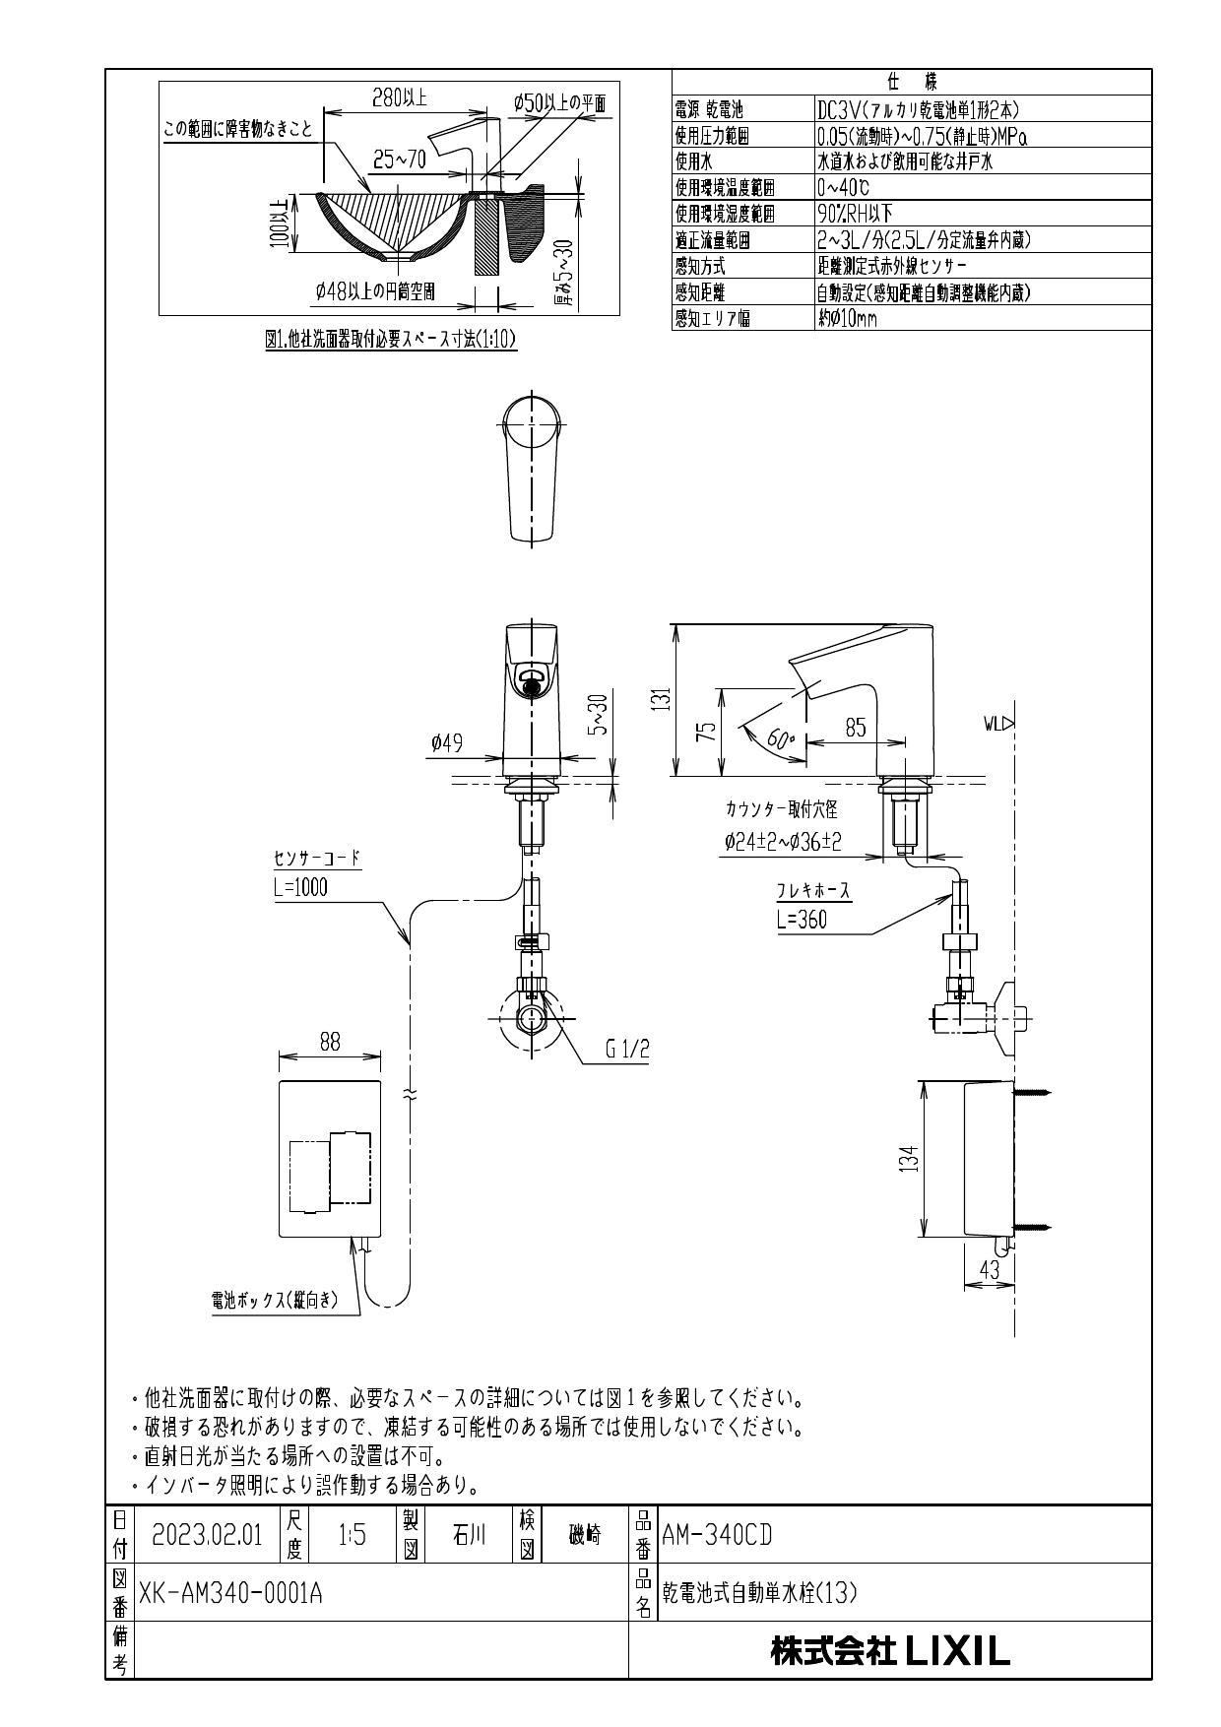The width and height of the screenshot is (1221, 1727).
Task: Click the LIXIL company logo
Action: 890,1651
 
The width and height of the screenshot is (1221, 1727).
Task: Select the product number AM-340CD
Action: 717,1535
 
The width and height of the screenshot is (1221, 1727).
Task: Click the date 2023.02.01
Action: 207,1535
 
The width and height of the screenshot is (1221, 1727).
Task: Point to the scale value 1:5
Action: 352,1535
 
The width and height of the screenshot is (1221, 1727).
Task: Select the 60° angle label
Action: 779,741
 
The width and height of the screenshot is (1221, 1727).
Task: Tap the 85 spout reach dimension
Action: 855,728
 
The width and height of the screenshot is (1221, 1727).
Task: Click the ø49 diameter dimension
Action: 446,744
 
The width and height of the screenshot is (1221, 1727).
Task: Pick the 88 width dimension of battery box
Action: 330,1043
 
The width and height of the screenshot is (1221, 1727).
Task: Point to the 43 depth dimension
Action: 990,1270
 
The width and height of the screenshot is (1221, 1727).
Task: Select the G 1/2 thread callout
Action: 627,1051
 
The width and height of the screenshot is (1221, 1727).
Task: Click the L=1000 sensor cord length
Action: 300,887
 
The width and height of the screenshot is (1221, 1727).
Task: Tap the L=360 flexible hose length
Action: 802,920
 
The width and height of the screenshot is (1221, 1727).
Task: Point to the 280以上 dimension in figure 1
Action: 399,96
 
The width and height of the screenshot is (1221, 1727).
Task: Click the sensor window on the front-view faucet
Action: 532,680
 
